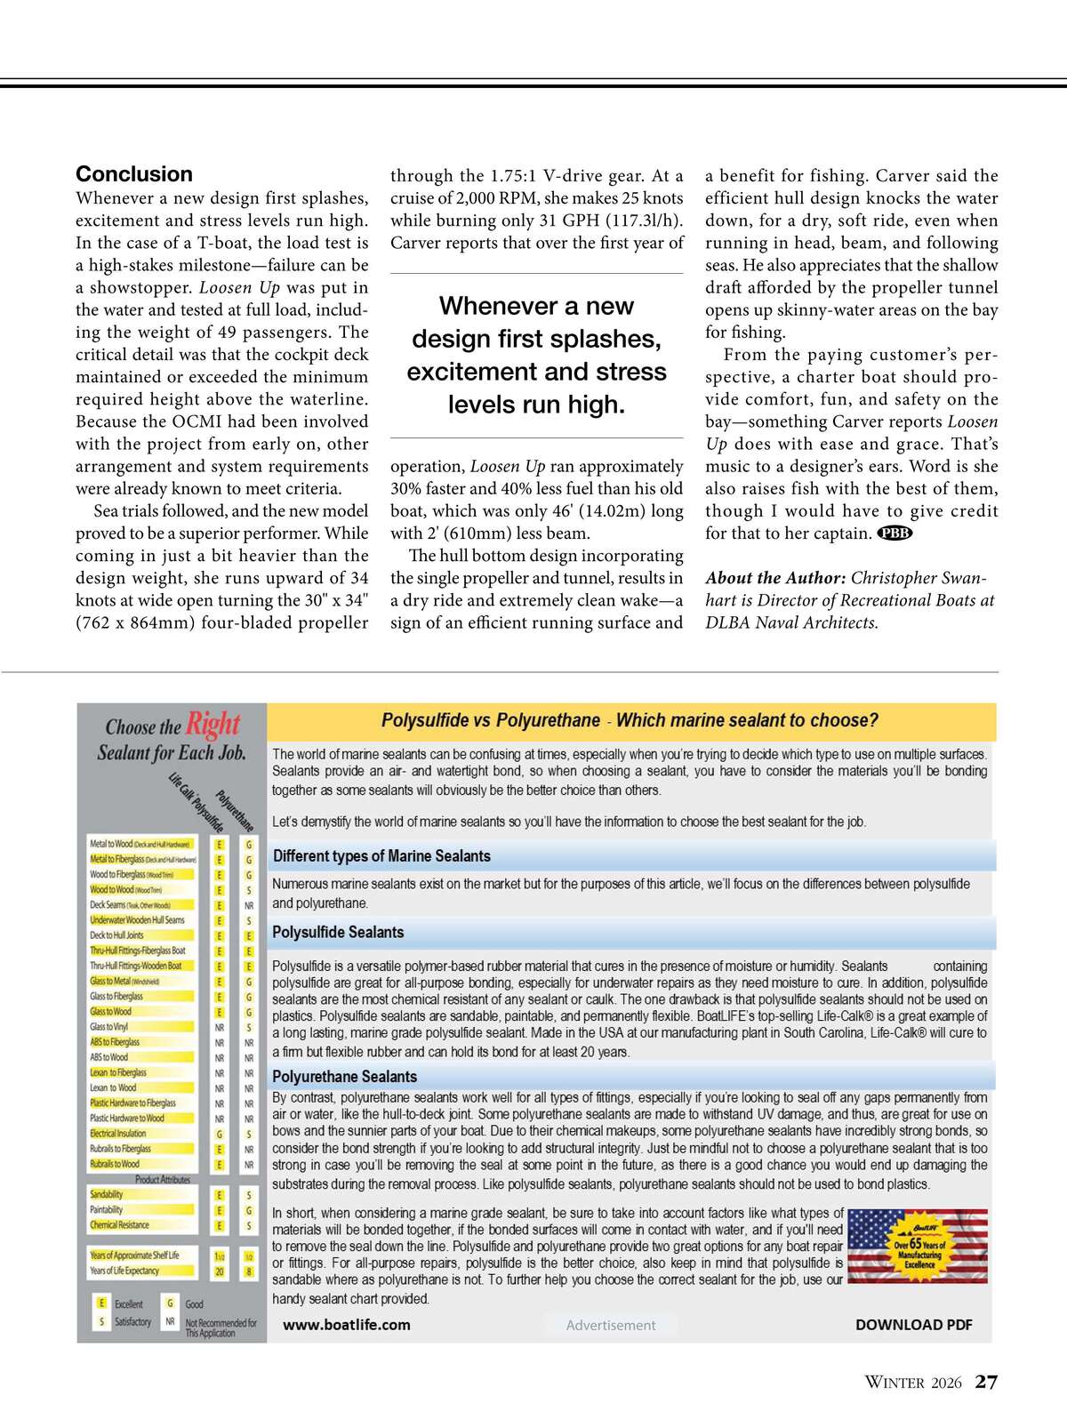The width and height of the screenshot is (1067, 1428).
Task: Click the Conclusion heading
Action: pyautogui.click(x=134, y=174)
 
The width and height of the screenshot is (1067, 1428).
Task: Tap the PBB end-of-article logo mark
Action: pyautogui.click(x=895, y=533)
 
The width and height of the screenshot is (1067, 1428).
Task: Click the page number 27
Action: pyautogui.click(x=986, y=1382)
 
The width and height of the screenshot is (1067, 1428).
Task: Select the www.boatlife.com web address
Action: pyautogui.click(x=347, y=1325)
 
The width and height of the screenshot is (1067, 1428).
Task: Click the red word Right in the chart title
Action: pyautogui.click(x=213, y=725)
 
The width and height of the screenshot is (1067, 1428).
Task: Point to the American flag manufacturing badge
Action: pyautogui.click(x=918, y=1246)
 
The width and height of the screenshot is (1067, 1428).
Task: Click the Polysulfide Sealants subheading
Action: pyautogui.click(x=338, y=933)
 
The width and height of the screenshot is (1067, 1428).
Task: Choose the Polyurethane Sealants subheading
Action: pyautogui.click(x=344, y=1077)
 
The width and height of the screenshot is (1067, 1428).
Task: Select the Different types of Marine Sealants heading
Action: pyautogui.click(x=381, y=856)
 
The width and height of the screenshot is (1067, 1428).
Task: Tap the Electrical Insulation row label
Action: pyautogui.click(x=118, y=1134)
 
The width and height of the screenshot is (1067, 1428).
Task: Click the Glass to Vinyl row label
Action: pyautogui.click(x=108, y=1027)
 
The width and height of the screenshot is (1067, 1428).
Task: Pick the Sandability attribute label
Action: pyautogui.click(x=107, y=1195)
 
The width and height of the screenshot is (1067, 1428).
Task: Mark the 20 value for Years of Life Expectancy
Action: pyautogui.click(x=220, y=1272)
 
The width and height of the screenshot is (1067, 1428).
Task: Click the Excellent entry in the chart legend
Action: pyautogui.click(x=128, y=1304)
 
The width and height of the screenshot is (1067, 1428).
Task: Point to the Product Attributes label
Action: pyautogui.click(x=163, y=1180)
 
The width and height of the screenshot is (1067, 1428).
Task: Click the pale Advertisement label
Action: pyautogui.click(x=611, y=1325)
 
